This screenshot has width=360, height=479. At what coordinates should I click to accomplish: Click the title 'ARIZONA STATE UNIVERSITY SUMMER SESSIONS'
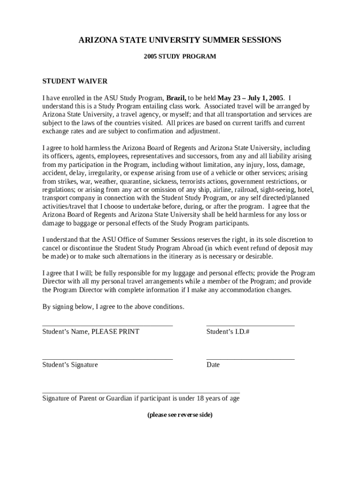point(180,40)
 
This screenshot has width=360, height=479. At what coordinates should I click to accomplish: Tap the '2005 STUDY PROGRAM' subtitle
point(180,57)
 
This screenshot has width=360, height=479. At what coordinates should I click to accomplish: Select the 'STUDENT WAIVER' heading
point(75,81)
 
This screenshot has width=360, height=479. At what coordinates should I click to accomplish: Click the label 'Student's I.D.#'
point(228,332)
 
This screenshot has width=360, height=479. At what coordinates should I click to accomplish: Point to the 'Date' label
point(213,365)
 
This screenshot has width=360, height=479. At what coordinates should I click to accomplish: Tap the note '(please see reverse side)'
point(180,415)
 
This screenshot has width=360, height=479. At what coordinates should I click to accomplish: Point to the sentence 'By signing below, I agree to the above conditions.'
point(113,307)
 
